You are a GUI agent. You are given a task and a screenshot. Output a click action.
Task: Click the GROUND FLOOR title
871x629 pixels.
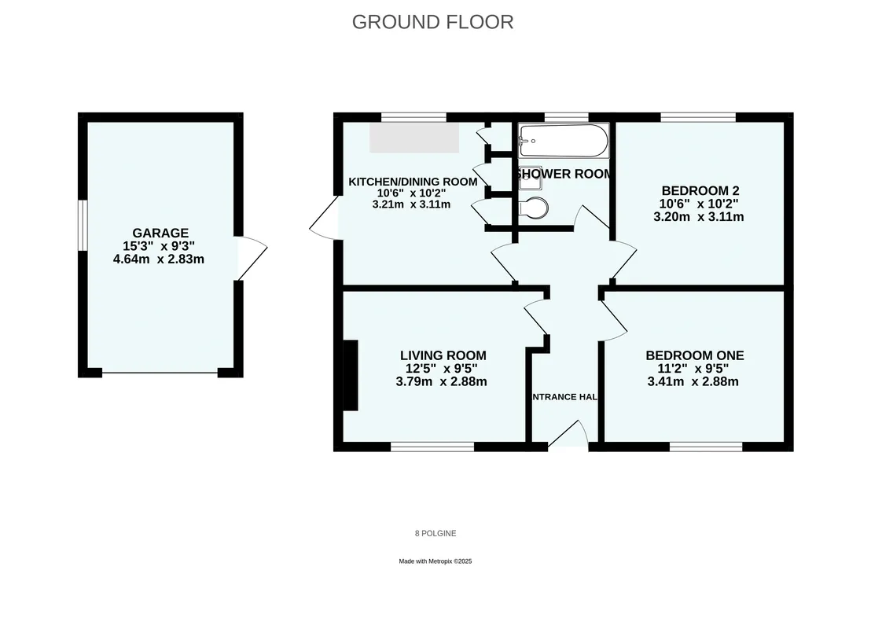tap(432, 22)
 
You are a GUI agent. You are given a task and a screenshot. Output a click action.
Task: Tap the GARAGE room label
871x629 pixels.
tap(160, 233)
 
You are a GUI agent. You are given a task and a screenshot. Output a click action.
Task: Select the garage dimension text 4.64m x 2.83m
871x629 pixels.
tap(159, 259)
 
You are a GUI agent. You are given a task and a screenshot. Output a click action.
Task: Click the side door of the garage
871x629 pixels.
tap(251, 258)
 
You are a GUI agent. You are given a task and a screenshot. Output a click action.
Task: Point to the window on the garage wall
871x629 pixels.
tap(83, 226)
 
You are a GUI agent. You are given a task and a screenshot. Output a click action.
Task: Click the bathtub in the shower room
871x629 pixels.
tap(564, 141)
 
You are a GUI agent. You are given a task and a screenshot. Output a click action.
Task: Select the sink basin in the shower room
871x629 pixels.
tap(530, 178)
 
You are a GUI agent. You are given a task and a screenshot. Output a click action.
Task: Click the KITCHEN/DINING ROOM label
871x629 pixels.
tap(413, 182)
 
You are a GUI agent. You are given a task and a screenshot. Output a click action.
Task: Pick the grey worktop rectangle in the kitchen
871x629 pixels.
tap(414, 138)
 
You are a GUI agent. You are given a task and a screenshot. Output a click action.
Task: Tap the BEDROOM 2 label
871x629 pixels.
tap(700, 190)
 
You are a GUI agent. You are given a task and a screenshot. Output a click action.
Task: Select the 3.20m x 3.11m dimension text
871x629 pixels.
tap(699, 217)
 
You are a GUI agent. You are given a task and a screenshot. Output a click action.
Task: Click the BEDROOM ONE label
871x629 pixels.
tap(694, 355)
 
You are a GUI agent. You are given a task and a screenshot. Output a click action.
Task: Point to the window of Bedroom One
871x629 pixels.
tap(705, 447)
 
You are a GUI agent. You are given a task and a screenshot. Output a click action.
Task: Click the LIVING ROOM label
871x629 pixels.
tap(443, 355)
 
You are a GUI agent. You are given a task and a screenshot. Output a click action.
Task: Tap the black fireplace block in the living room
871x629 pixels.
tap(351, 375)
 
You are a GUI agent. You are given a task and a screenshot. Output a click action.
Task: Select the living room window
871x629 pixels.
tap(432, 447)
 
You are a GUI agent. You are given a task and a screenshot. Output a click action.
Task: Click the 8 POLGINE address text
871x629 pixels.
tap(435, 533)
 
